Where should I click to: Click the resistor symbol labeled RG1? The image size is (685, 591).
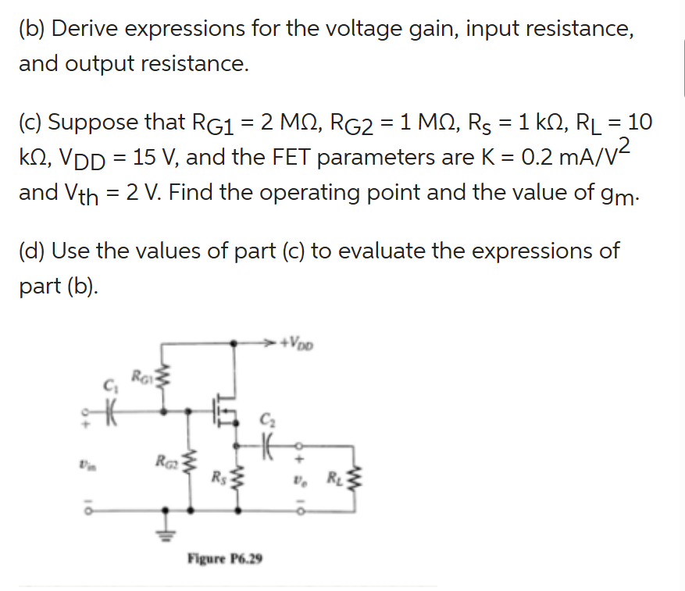point(164,383)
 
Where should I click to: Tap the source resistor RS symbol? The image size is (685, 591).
point(235,477)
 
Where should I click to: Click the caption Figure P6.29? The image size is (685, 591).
point(225,559)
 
